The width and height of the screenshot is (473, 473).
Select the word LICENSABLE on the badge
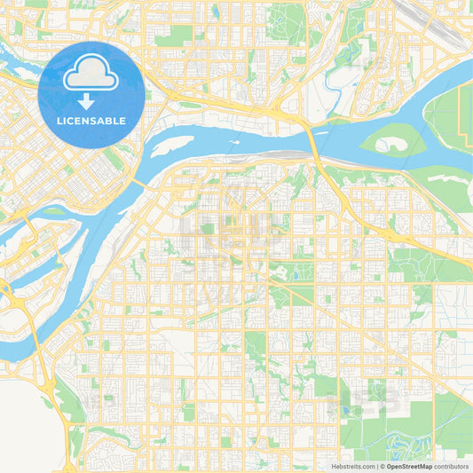91,121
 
